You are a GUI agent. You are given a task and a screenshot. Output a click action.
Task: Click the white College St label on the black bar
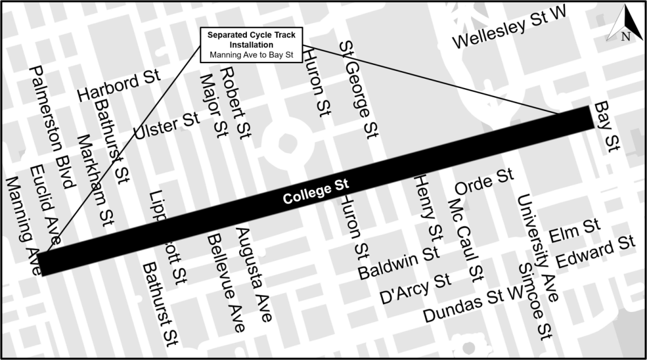click(x=316, y=192)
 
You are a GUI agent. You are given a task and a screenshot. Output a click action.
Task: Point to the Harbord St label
click(x=119, y=86)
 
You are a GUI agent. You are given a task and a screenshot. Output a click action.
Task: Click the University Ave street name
click(x=538, y=248)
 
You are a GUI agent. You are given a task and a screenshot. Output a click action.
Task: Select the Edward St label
click(x=595, y=253)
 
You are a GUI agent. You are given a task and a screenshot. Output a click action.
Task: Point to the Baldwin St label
click(x=399, y=262)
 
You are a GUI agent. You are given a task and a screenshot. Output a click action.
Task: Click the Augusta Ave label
click(x=253, y=275)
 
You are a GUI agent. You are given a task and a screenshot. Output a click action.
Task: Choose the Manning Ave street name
click(x=23, y=225)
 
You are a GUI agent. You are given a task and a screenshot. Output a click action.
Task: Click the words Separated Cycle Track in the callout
click(x=252, y=35)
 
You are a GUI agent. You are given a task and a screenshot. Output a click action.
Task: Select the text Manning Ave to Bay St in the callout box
click(x=252, y=55)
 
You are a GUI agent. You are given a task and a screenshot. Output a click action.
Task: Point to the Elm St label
click(x=575, y=230)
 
